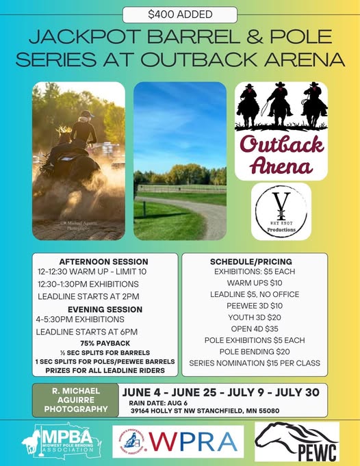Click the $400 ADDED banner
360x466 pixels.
pos(180,14)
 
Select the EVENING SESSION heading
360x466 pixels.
pos(100,309)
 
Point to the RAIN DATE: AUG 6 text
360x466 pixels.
pos(158,402)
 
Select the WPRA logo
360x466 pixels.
pos(178,442)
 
